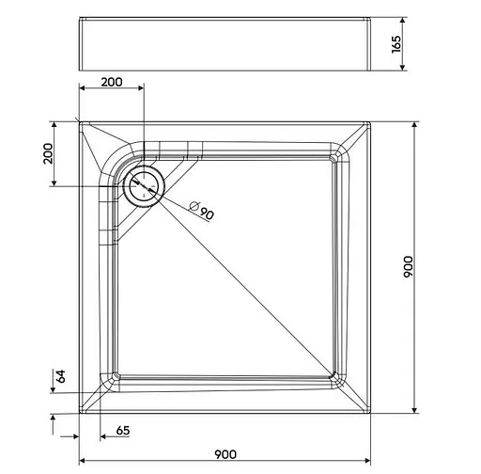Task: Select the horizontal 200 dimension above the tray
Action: coord(111,82)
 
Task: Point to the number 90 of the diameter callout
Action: coord(207,213)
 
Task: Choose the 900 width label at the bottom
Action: coord(225,454)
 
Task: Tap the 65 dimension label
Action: coord(122,431)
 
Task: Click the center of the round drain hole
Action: coord(144,184)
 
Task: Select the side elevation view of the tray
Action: coord(225,43)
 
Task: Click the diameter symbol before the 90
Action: coord(194,205)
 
